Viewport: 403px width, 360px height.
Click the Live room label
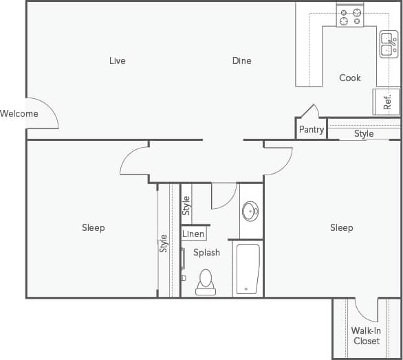click(x=118, y=61)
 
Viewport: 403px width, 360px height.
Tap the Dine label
click(x=241, y=61)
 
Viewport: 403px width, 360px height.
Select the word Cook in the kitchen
click(x=349, y=78)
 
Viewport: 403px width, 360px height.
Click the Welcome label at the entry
click(x=19, y=113)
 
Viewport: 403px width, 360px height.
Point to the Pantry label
click(x=311, y=130)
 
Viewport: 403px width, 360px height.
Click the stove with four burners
click(x=350, y=16)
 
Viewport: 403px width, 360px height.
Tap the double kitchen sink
click(x=388, y=46)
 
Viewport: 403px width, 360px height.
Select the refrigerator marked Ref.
click(x=386, y=102)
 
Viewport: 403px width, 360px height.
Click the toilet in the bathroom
click(x=206, y=282)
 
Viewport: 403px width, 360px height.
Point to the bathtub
click(x=248, y=268)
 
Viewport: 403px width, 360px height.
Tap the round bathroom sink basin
click(x=250, y=212)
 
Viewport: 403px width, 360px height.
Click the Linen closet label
click(x=193, y=234)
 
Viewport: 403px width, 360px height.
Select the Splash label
click(x=206, y=253)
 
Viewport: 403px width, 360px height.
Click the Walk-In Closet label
click(x=366, y=336)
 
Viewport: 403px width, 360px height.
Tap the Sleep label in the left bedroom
click(x=94, y=228)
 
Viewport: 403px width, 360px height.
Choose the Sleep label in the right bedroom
click(x=341, y=228)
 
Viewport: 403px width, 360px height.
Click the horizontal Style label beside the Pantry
click(x=364, y=134)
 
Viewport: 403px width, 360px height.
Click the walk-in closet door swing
click(x=367, y=311)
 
